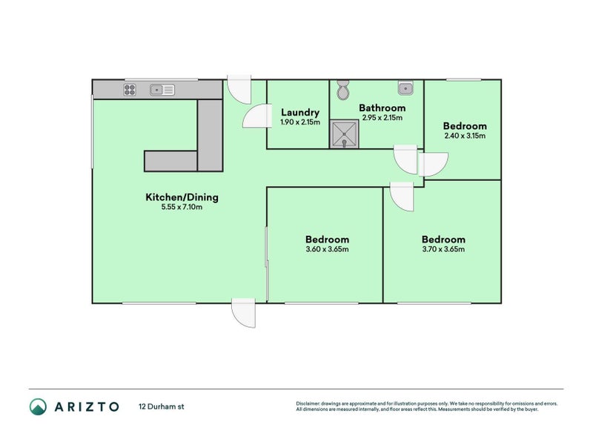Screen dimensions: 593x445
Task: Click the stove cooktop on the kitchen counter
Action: click(130, 90)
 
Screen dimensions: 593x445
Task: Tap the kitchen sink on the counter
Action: click(162, 90)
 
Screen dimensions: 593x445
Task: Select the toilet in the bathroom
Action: click(343, 90)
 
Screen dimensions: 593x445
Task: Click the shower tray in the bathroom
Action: click(344, 134)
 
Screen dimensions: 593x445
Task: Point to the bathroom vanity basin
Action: click(405, 88)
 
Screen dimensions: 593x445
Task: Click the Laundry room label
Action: click(300, 113)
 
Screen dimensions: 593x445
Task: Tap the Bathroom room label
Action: click(382, 108)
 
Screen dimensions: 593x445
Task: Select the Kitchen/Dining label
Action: click(182, 197)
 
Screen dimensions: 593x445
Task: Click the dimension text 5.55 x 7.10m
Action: click(182, 207)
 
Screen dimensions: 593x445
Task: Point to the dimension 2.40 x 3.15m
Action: click(465, 136)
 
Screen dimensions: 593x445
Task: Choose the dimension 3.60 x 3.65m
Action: click(327, 249)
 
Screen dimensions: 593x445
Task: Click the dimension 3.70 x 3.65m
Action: click(443, 249)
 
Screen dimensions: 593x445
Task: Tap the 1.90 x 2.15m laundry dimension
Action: click(300, 122)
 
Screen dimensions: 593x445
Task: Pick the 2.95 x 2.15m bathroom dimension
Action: click(382, 118)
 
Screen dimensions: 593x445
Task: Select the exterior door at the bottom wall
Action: click(244, 313)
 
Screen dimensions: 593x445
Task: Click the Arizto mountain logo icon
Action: click(39, 406)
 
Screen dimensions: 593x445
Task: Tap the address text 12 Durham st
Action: click(162, 406)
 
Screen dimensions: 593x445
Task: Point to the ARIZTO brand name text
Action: click(87, 406)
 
